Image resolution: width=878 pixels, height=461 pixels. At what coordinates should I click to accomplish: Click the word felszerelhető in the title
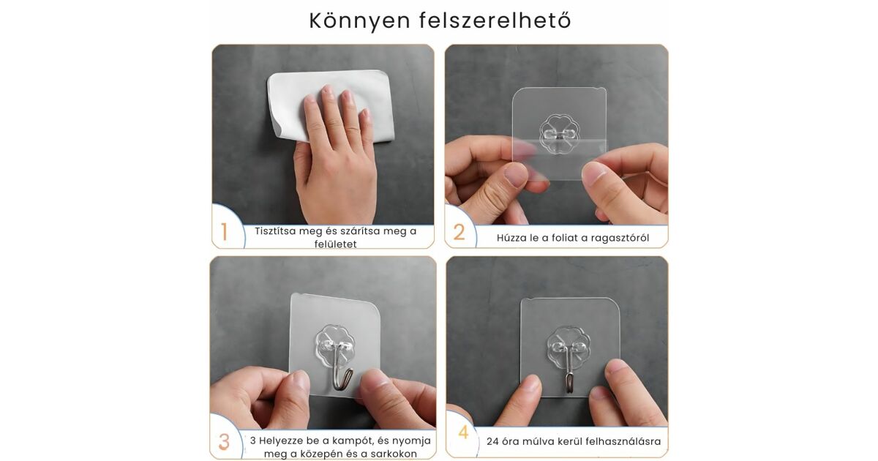pos(495,20)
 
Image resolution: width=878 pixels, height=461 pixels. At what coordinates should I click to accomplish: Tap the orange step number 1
pos(224,232)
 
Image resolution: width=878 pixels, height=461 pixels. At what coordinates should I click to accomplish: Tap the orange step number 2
pos(459,232)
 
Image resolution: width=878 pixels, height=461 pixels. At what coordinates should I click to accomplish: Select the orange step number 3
pos(224,442)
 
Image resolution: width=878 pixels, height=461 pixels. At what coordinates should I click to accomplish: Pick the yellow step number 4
pos(463,432)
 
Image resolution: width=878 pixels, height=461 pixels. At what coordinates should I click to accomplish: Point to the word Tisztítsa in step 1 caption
pos(275,231)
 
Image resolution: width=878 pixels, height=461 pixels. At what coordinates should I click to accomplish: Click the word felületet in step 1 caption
pos(336,244)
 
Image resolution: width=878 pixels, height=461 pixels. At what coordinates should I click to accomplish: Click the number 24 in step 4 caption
pos(492,441)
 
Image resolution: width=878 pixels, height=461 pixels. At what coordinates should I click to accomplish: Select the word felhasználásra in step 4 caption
pos(623,441)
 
